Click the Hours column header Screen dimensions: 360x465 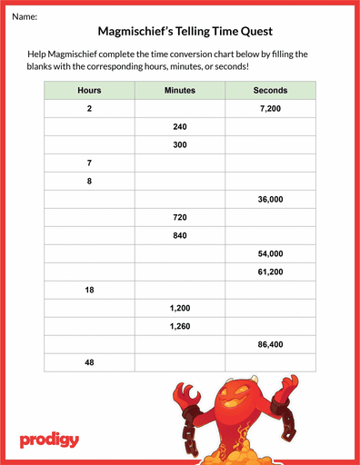tap(89, 91)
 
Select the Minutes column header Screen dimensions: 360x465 tap(179, 91)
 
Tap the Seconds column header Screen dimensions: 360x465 tap(270, 91)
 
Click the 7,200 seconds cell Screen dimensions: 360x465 tap(270, 109)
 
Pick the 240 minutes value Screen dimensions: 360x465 tap(179, 127)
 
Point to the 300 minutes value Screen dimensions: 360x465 tap(179, 145)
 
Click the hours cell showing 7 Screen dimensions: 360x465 tap(89, 163)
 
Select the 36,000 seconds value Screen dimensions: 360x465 tap(270, 200)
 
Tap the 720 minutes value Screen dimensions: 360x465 tap(179, 218)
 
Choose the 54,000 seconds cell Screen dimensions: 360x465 tap(270, 253)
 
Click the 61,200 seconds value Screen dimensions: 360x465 tap(270, 272)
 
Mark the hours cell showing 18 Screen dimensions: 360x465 tap(89, 290)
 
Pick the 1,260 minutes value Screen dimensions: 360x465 tap(179, 326)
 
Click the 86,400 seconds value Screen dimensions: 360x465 tap(270, 344)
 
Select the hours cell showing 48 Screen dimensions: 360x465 tap(89, 362)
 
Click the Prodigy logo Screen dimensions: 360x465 tap(49, 440)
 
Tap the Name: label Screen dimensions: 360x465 tap(25, 15)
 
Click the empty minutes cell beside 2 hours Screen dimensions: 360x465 tap(179, 109)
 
